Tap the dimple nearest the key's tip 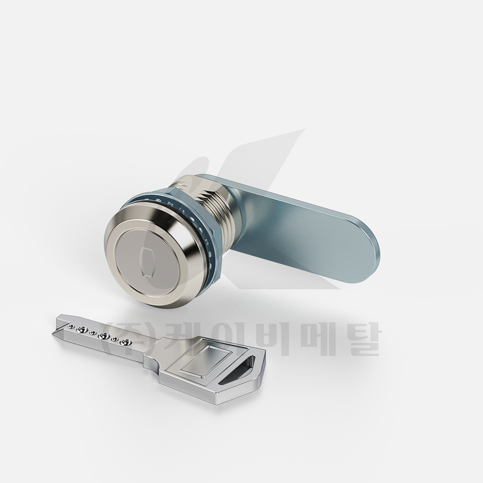click(x=72, y=326)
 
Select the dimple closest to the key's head click(x=126, y=342)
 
